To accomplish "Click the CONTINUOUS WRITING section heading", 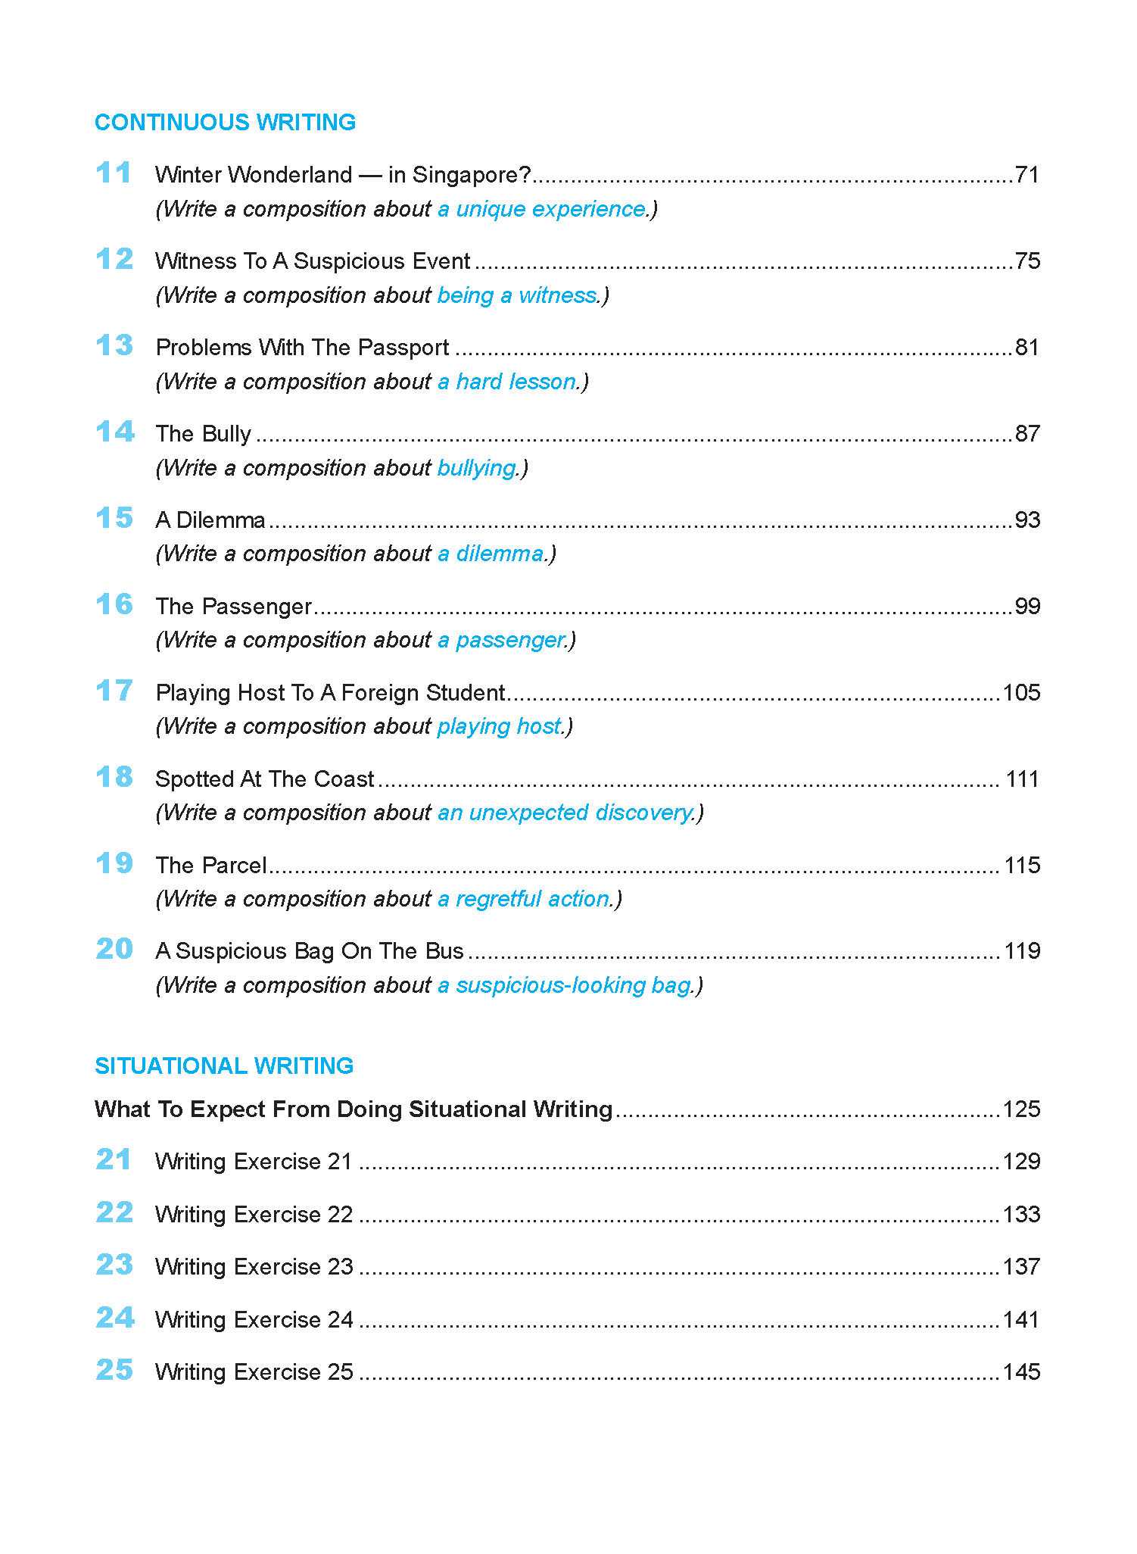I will (225, 123).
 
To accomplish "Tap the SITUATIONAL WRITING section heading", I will (224, 1066).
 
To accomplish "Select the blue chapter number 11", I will (114, 173).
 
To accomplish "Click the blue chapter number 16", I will (114, 604).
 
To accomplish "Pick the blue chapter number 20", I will (114, 949).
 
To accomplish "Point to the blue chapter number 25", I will (114, 1370).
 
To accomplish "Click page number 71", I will (1027, 175).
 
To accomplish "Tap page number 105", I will (1021, 692).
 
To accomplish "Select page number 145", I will (1021, 1371).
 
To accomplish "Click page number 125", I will (1021, 1109).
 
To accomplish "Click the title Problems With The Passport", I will (302, 348).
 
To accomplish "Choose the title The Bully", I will (203, 434).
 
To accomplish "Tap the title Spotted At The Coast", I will (264, 779).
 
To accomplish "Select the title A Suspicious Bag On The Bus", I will (309, 951).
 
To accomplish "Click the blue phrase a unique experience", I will (542, 209).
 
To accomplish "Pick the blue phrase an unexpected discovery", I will (565, 813).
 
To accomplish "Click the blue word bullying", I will (476, 468).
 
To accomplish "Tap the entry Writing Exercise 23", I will (254, 1267).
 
